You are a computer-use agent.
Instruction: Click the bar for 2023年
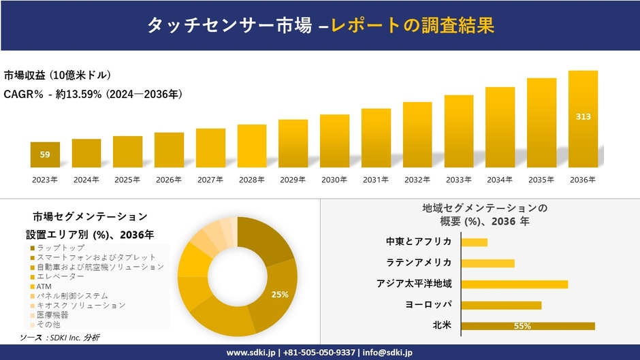(45, 155)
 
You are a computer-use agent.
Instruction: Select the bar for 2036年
(583, 119)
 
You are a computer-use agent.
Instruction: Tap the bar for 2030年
(334, 141)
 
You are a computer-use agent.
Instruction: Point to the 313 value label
(583, 117)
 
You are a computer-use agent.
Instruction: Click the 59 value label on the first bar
(45, 155)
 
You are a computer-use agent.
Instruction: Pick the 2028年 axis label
(251, 180)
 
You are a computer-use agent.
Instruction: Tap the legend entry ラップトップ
(61, 248)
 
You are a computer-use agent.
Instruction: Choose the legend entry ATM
(45, 287)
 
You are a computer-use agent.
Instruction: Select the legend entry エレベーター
(61, 277)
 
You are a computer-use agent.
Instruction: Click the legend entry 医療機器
(53, 316)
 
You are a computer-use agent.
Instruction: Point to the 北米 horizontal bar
(528, 326)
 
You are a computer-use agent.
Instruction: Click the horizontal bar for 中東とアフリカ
(474, 242)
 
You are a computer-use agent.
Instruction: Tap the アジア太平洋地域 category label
(414, 284)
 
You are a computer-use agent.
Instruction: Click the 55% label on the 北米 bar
(523, 326)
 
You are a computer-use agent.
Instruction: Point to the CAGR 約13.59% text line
(93, 93)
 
